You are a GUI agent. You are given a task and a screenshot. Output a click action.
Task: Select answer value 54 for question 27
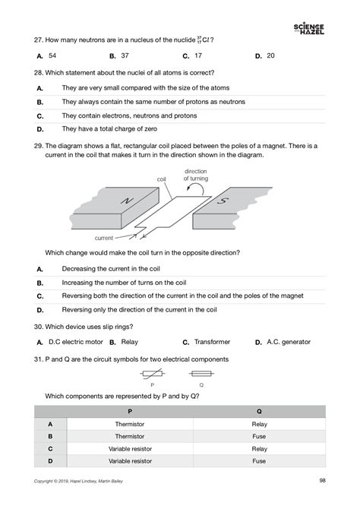(52, 55)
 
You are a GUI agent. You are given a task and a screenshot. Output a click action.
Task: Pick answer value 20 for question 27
(271, 55)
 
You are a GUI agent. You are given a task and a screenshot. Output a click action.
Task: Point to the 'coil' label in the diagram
(161, 180)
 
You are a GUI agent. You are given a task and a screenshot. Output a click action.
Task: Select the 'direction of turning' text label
(197, 175)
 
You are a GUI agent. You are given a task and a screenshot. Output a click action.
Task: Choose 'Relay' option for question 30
(130, 342)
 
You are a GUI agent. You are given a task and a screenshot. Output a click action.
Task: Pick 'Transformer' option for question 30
(211, 342)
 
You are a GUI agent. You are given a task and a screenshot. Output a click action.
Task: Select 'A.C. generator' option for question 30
(289, 342)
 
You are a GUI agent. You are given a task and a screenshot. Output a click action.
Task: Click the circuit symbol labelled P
(152, 375)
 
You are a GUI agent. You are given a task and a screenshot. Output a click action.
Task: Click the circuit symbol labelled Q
(201, 375)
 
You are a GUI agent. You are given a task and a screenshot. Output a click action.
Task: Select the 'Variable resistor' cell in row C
(130, 448)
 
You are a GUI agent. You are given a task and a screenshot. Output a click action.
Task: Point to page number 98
(323, 479)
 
